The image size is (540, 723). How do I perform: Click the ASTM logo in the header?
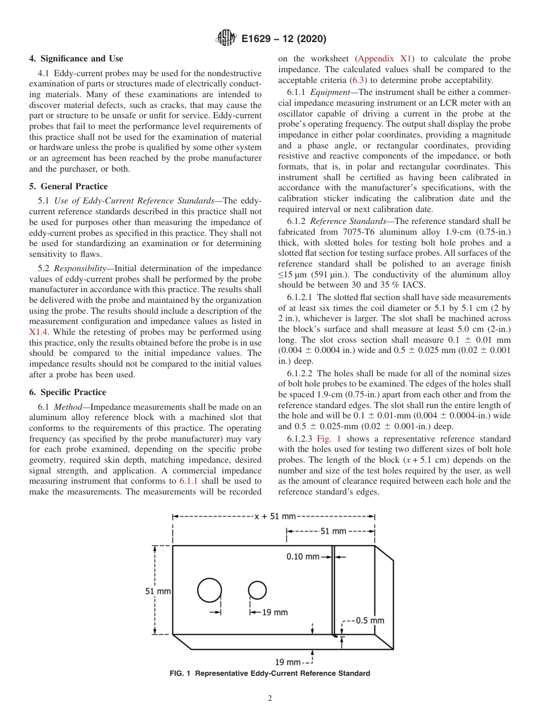227,39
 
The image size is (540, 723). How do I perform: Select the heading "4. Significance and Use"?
76,59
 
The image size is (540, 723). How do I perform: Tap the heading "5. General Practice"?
68,186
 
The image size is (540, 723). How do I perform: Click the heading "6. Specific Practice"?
67,392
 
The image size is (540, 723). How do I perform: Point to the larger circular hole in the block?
210,590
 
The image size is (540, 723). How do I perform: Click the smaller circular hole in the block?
257,591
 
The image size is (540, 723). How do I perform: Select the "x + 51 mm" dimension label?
275,516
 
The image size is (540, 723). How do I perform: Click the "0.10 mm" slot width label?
302,556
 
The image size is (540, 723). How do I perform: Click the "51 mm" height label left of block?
158,591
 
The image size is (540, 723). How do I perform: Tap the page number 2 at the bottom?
270,699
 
